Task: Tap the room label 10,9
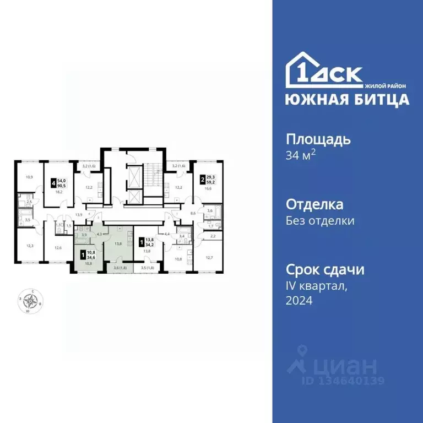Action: (29, 177)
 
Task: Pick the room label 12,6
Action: (58, 248)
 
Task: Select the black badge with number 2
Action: (202, 178)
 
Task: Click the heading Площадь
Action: (318, 139)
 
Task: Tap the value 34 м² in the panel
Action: (300, 155)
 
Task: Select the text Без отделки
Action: (319, 221)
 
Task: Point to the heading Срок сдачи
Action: (325, 270)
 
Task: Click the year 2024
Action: (299, 301)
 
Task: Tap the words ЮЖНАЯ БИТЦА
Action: (347, 99)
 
